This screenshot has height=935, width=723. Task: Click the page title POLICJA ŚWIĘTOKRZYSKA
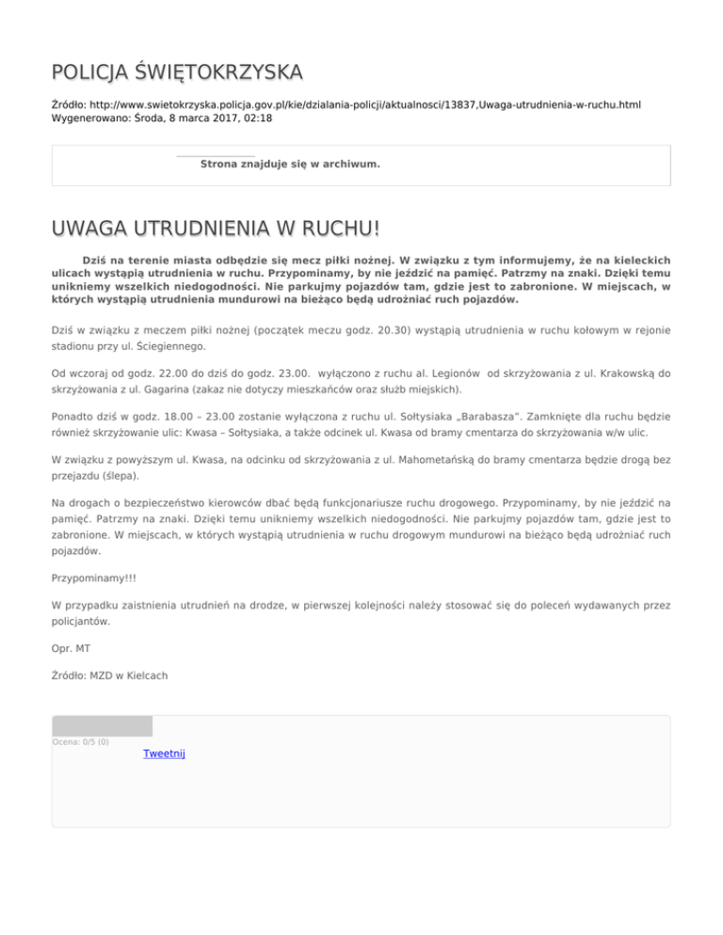pos(177,72)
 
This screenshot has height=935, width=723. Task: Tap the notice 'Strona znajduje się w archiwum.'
pos(292,164)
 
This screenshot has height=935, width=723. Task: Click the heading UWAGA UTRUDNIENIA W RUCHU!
pos(217,230)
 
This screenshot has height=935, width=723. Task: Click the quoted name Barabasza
pos(506,415)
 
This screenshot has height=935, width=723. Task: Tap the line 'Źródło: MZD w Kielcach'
pos(111,674)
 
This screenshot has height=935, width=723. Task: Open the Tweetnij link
pos(164,753)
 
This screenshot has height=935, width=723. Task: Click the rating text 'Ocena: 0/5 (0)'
pos(80,742)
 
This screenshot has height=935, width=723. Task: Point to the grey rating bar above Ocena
pos(102,725)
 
